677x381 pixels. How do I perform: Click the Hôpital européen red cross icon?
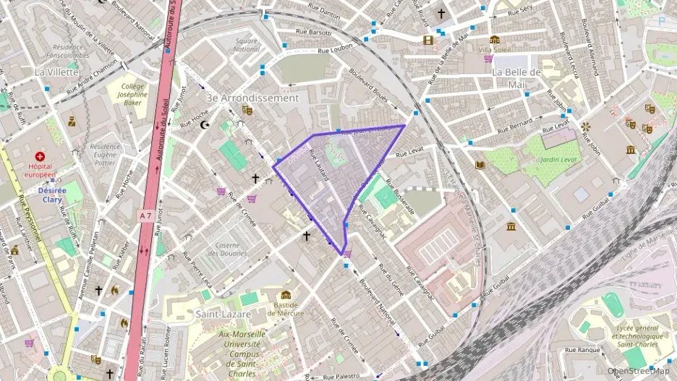pyautogui.click(x=40, y=156)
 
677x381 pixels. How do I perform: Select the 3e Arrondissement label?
pyautogui.click(x=252, y=98)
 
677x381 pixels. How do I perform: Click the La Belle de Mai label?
pyautogui.click(x=516, y=78)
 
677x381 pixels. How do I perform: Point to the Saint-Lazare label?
pyautogui.click(x=223, y=314)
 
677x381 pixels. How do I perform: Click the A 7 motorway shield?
pyautogui.click(x=146, y=215)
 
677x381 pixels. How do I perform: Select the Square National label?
pyautogui.click(x=247, y=45)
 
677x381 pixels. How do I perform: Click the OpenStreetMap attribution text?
pyautogui.click(x=639, y=371)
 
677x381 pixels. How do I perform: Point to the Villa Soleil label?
pyautogui.click(x=495, y=49)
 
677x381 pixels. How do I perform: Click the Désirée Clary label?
pyautogui.click(x=52, y=195)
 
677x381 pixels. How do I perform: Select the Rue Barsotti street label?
pyautogui.click(x=314, y=33)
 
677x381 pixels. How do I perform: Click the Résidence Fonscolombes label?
pyautogui.click(x=67, y=51)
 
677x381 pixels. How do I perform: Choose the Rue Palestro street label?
pyautogui.click(x=341, y=377)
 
